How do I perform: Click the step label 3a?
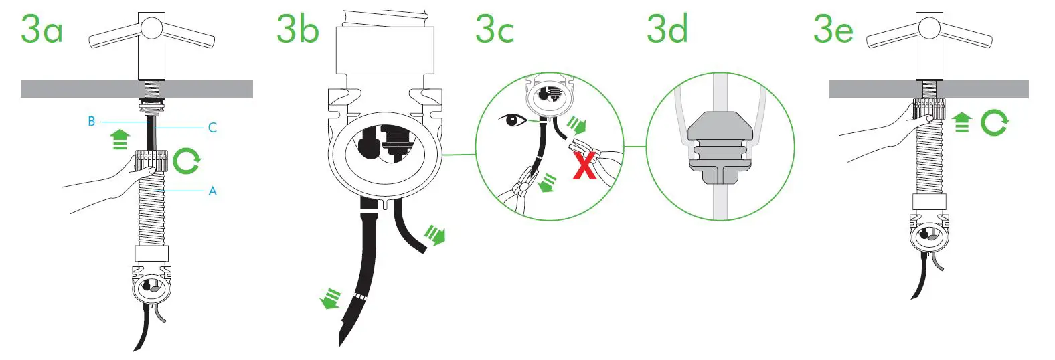(x=42, y=30)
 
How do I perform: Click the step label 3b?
(x=297, y=30)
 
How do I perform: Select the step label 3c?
(x=495, y=30)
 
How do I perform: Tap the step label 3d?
(x=667, y=30)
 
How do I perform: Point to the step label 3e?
(x=833, y=30)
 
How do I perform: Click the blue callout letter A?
(x=212, y=191)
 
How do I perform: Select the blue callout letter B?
(x=92, y=122)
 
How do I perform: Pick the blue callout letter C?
(x=212, y=127)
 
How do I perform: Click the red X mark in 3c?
(x=584, y=165)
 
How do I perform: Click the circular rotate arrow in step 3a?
(x=186, y=161)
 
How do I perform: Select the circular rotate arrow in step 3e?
(x=994, y=123)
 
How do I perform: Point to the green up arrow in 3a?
(x=120, y=139)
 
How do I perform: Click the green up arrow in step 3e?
(x=961, y=122)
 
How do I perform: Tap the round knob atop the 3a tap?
(x=151, y=27)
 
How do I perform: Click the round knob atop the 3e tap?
(x=929, y=27)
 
